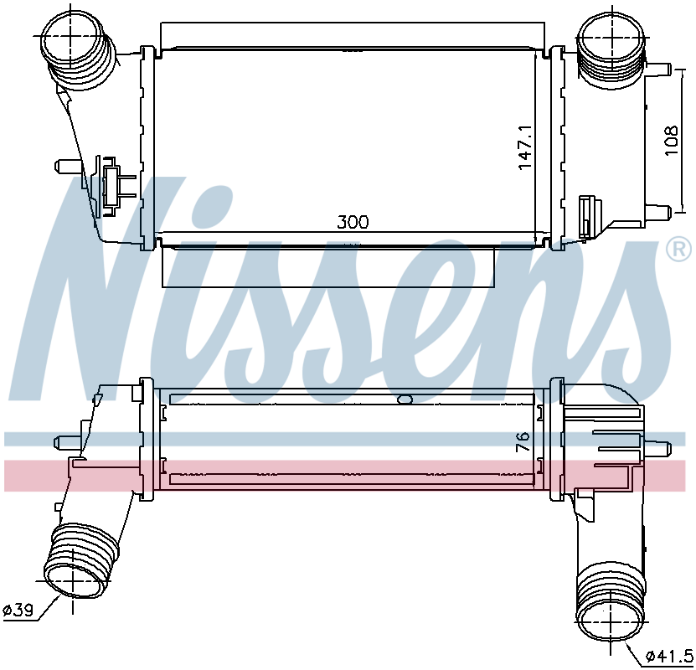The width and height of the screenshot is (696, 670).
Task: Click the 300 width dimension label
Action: [x=353, y=222]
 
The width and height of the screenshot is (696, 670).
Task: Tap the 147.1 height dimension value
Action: [x=524, y=147]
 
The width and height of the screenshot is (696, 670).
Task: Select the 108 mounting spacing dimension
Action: [x=671, y=141]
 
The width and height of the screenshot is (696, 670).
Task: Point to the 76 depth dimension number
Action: [x=523, y=441]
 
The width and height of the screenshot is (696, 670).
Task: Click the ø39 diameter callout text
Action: [x=18, y=611]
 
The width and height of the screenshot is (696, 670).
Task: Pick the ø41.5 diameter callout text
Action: [x=669, y=655]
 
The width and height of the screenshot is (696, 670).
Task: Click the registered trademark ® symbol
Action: [x=678, y=250]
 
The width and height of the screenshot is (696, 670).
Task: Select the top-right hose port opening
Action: [x=611, y=37]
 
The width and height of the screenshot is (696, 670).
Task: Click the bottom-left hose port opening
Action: [x=73, y=580]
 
